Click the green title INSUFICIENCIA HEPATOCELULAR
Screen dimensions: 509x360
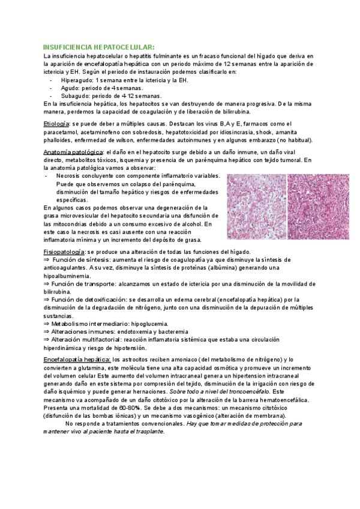pos(98,47)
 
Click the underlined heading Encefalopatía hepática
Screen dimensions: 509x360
pos(77,359)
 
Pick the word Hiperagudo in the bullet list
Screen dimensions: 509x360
pos(77,80)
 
